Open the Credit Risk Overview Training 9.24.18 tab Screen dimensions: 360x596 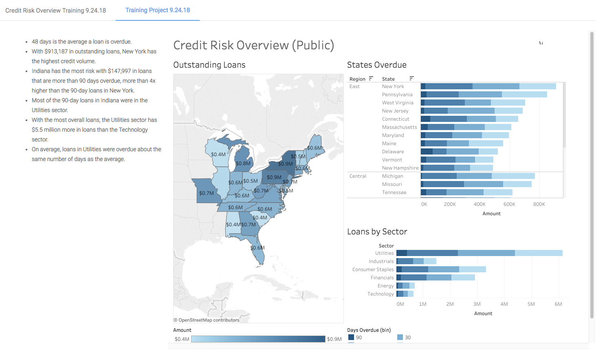[55, 11]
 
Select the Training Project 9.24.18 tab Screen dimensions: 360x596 [158, 10]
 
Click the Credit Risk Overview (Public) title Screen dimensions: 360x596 [253, 45]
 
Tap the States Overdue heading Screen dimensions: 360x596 [376, 65]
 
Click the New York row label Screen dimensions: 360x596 [393, 86]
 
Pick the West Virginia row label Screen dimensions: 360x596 [397, 103]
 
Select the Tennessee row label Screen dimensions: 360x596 [394, 192]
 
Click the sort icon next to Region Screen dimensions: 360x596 [371, 78]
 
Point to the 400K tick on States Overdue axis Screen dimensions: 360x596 [479, 204]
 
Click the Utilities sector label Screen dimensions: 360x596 [384, 253]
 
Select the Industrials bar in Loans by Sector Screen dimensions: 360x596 [416, 261]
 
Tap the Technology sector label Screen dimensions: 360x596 [380, 294]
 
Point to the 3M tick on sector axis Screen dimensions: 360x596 [477, 304]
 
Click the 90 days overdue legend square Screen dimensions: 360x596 [351, 338]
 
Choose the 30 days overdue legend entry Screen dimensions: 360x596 [404, 338]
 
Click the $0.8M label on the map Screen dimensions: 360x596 [243, 163]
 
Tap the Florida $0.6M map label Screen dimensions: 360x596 [257, 248]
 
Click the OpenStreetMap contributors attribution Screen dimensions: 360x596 [207, 320]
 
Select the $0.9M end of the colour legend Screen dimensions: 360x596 [334, 339]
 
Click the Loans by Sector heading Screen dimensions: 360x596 [377, 232]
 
